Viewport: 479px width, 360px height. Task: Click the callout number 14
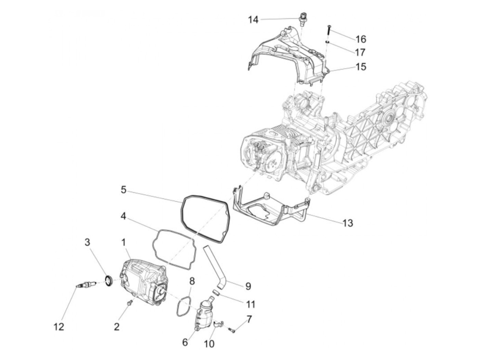[253, 20]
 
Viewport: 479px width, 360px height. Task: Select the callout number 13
[348, 223]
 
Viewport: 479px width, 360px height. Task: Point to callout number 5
[124, 189]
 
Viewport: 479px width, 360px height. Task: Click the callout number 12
[59, 327]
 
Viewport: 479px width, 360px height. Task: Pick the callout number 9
[248, 286]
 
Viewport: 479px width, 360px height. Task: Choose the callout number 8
[192, 281]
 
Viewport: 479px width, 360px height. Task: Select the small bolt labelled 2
[129, 303]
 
